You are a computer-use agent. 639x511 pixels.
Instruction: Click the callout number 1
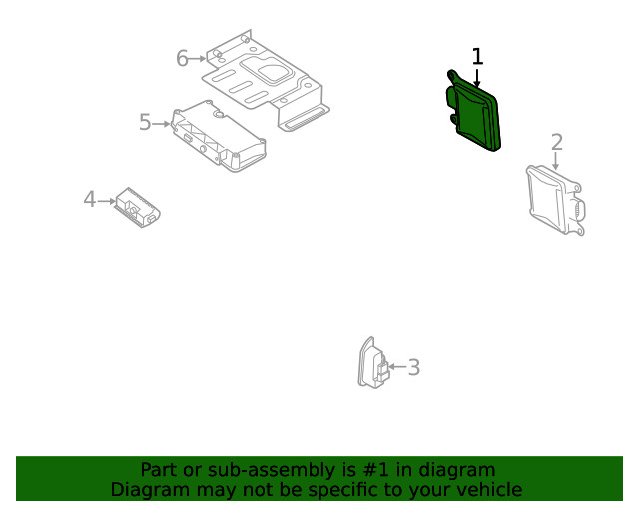(x=477, y=57)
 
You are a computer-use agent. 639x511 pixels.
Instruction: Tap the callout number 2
(x=556, y=143)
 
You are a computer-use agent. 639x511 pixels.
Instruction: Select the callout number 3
(x=413, y=368)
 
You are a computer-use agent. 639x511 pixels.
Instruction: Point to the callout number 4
(x=89, y=200)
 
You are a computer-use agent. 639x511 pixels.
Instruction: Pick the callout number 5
(x=145, y=123)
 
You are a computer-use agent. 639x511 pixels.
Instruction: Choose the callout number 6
(x=182, y=59)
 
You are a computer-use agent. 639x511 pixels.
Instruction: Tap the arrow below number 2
(x=556, y=161)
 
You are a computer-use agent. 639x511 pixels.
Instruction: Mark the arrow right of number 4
(x=106, y=201)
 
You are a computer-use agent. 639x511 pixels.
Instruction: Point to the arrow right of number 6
(x=198, y=59)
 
